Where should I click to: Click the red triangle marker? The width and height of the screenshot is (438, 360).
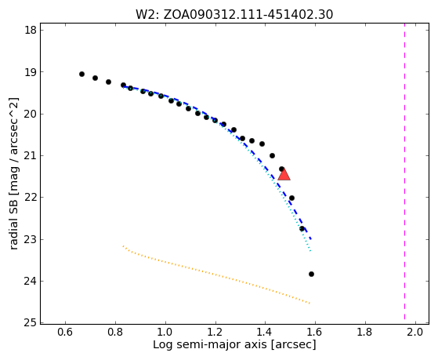coord(284,174)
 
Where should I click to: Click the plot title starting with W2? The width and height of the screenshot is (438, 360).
coord(234,15)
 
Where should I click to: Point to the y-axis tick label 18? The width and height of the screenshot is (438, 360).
coord(31,31)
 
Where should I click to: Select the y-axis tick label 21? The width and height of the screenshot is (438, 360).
coord(31,155)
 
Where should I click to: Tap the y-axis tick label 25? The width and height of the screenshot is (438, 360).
coord(31,322)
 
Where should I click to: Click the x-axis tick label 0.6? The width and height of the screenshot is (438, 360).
coord(65,332)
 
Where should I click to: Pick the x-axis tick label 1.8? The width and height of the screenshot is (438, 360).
coord(365,332)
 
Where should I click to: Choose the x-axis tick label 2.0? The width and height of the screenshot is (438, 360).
coord(415,332)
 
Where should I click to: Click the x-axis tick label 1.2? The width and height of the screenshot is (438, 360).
coord(215,332)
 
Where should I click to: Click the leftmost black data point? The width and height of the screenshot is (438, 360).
coord(81,75)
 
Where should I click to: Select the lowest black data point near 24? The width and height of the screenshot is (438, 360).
coord(312,275)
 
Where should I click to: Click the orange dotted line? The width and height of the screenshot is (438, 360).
coord(216,275)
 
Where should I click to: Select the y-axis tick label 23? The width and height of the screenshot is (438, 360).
coord(31,239)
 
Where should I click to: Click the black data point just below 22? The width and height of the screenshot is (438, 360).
coord(291,198)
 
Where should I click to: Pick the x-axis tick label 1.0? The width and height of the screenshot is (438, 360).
coord(165,332)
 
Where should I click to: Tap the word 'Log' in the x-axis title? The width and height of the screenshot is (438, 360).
coord(163,344)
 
